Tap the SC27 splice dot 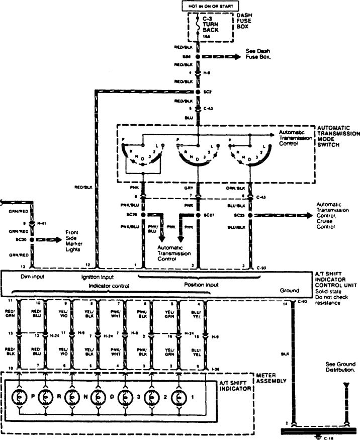(198, 215)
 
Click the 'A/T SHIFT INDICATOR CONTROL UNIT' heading (337, 279)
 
